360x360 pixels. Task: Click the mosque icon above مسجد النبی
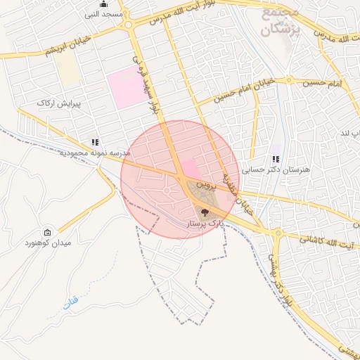(103, 4)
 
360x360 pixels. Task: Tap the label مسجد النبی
(103, 14)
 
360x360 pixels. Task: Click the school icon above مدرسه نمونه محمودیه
(95, 142)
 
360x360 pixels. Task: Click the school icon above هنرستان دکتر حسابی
(276, 160)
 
